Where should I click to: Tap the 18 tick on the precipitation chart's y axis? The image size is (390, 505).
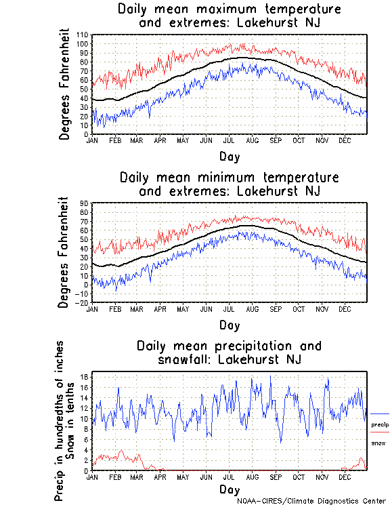(85, 377)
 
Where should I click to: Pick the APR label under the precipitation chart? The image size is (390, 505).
(160, 477)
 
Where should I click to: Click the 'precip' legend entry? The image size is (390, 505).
(380, 424)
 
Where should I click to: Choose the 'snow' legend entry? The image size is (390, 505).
(378, 443)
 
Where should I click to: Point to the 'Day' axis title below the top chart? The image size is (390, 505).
(229, 157)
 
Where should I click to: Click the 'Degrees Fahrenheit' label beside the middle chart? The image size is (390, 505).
(64, 251)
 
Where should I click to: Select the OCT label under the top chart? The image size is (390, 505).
(299, 140)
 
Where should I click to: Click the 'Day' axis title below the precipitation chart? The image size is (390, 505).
(229, 489)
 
